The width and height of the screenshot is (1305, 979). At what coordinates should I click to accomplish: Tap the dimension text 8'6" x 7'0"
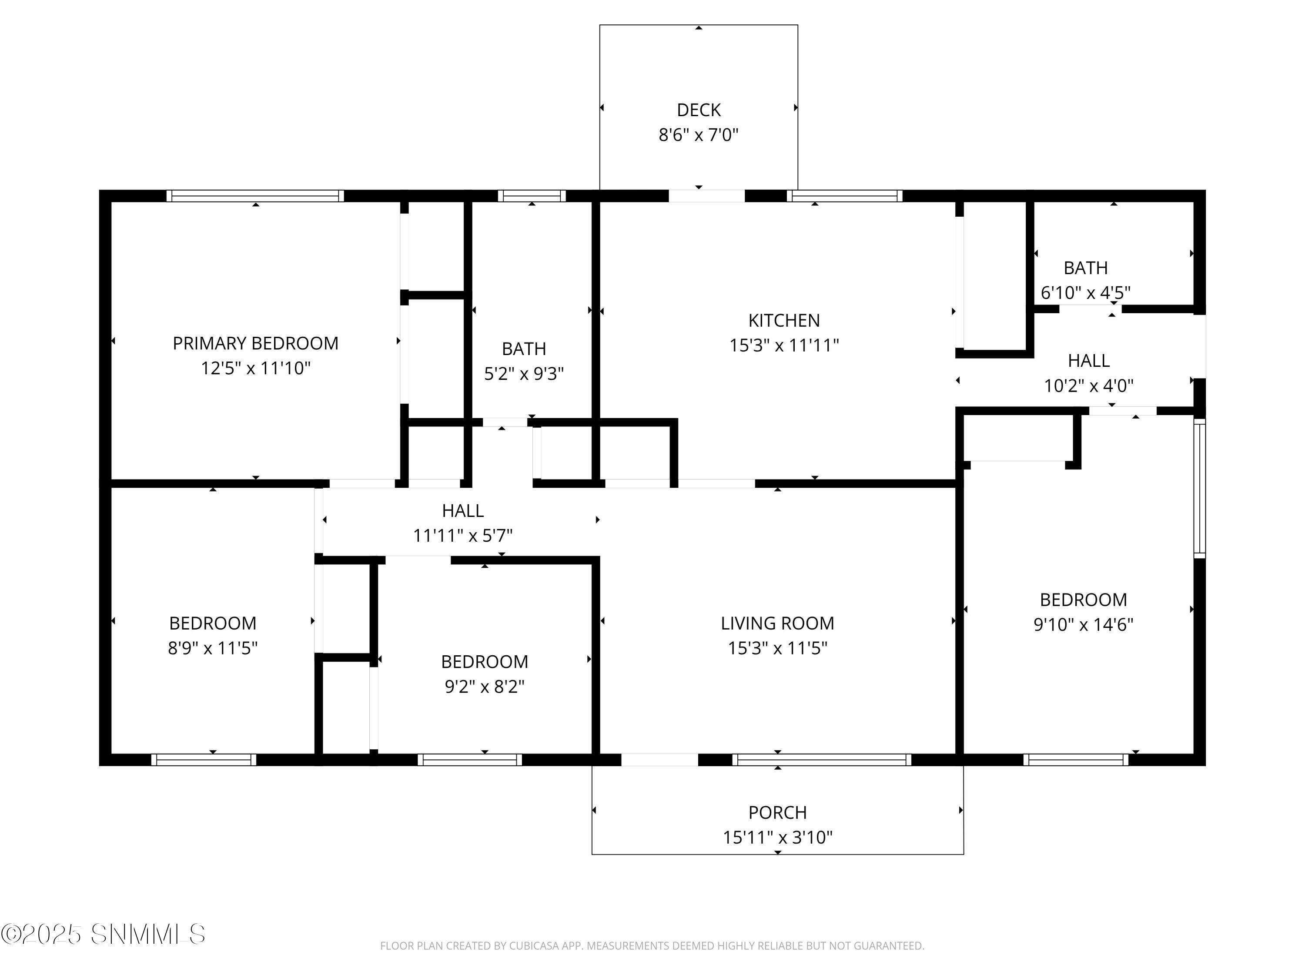click(x=699, y=135)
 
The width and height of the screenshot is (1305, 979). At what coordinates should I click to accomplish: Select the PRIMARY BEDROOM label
click(x=255, y=343)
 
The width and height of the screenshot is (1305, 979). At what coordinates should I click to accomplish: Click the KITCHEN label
click(x=784, y=320)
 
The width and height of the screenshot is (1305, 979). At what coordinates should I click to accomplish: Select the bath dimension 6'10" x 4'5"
click(x=1085, y=293)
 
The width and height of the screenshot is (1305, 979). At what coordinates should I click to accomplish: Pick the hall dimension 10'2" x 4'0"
click(x=1088, y=386)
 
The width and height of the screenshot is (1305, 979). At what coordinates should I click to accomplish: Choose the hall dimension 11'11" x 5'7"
click(x=462, y=536)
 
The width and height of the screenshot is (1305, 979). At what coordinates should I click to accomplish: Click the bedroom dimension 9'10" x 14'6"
click(x=1083, y=624)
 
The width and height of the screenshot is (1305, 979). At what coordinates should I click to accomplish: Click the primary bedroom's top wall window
click(x=255, y=196)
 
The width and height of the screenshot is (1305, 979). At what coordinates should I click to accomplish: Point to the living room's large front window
click(x=822, y=760)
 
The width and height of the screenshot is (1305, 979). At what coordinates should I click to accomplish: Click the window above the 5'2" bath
click(x=532, y=196)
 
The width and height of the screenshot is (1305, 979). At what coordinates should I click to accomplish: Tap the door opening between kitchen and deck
click(x=706, y=196)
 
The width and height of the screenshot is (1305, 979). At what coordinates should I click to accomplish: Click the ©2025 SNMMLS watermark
click(x=103, y=934)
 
